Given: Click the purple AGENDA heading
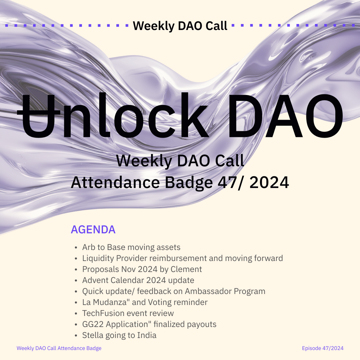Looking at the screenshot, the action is click(x=93, y=230).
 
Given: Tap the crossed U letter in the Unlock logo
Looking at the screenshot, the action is click(x=38, y=116).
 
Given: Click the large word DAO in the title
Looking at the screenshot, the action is click(x=285, y=116).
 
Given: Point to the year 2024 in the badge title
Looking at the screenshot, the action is click(x=269, y=183).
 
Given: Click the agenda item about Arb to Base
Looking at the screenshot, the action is click(x=131, y=247).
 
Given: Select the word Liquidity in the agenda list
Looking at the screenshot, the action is click(x=98, y=258).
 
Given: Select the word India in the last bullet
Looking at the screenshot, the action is click(x=147, y=335).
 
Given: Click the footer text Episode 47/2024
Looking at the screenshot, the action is click(x=323, y=348).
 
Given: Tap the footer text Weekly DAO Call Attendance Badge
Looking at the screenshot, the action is click(x=59, y=348).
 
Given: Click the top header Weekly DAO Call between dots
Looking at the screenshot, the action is click(x=180, y=26).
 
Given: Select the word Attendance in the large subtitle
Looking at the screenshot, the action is click(x=115, y=183).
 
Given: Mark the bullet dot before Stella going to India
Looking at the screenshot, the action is click(x=76, y=336).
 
